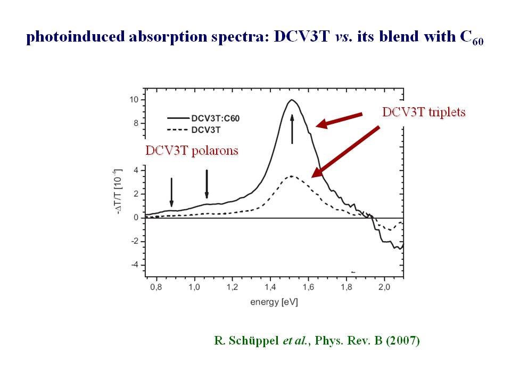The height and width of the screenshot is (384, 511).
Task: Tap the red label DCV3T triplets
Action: pyautogui.click(x=424, y=113)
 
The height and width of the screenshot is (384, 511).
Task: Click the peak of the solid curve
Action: pyautogui.click(x=291, y=100)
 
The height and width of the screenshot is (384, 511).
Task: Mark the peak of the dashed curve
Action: pyautogui.click(x=291, y=176)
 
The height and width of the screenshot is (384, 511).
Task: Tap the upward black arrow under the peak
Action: pyautogui.click(x=292, y=129)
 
